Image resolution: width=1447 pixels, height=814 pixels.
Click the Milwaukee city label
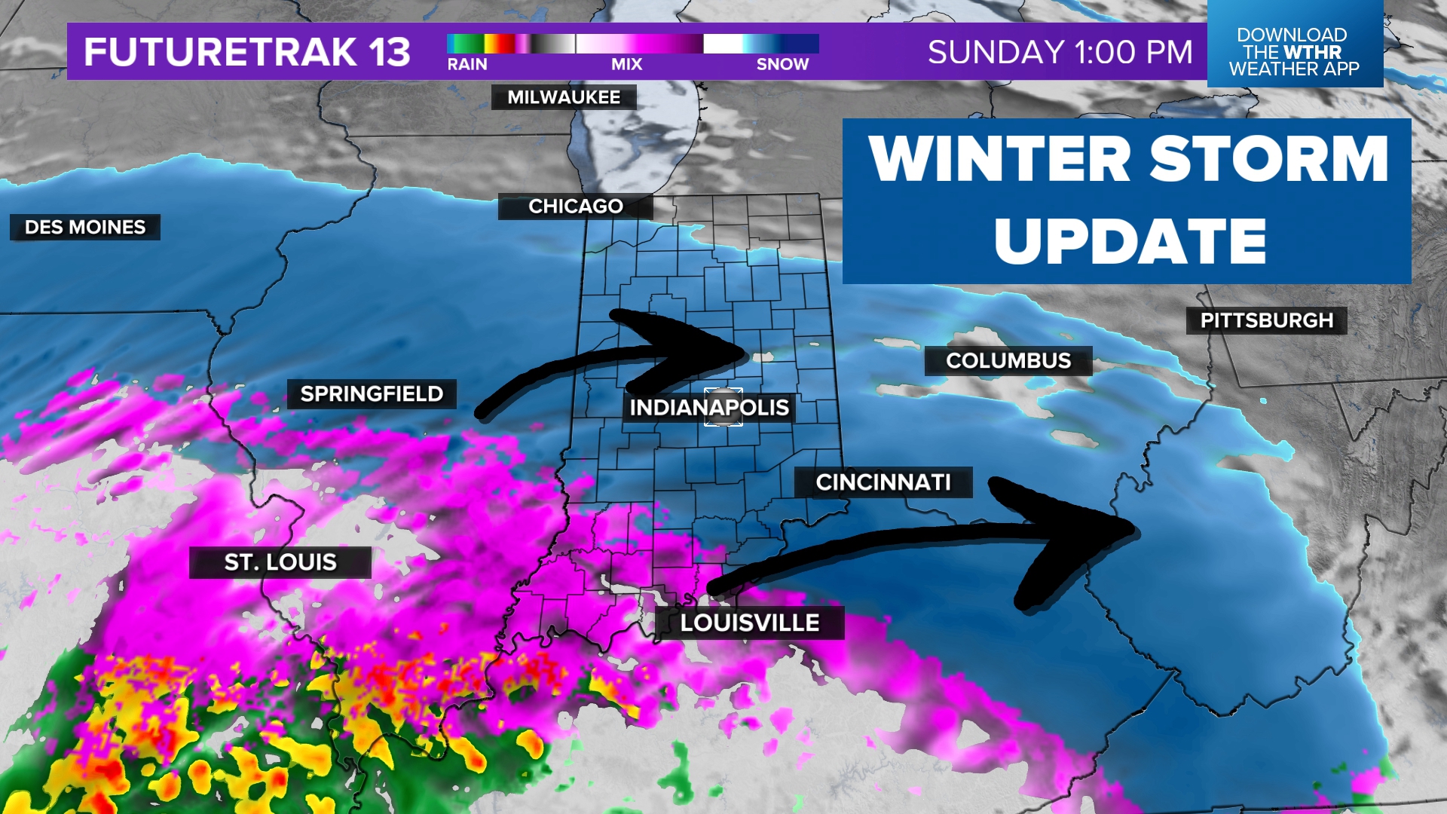click(x=564, y=97)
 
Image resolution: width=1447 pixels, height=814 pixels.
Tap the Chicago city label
click(x=576, y=207)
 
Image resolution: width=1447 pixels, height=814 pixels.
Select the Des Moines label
click(x=85, y=227)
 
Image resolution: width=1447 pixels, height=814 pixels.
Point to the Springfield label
click(x=372, y=393)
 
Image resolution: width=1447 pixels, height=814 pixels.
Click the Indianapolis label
click(x=709, y=408)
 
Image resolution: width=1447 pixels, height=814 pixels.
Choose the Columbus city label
click(x=1008, y=361)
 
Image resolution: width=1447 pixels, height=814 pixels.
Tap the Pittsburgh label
click(x=1267, y=320)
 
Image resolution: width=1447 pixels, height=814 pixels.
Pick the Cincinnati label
click(x=883, y=482)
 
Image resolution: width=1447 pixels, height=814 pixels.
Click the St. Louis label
click(x=280, y=562)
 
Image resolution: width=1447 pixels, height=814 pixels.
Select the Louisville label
click(x=750, y=623)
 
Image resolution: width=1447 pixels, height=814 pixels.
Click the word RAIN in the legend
click(x=467, y=65)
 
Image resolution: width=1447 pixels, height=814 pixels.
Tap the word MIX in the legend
click(x=627, y=65)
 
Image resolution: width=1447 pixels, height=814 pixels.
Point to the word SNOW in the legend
click(x=782, y=65)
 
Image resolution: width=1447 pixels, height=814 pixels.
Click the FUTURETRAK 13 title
click(x=247, y=52)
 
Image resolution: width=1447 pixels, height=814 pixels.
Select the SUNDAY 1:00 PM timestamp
click(x=1060, y=52)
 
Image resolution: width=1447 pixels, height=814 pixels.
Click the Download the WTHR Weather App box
click(x=1294, y=51)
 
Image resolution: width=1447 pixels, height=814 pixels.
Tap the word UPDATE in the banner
click(x=1130, y=242)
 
